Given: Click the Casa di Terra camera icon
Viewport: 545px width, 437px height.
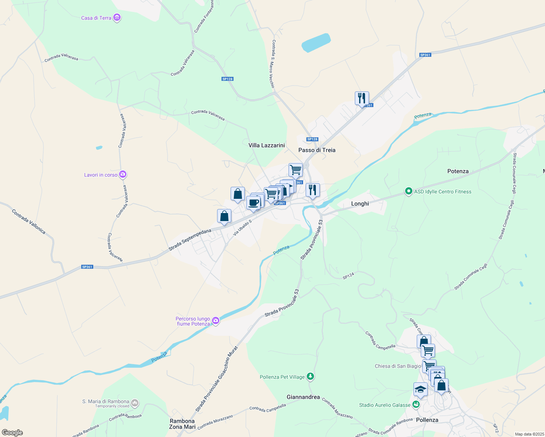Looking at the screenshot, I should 117,17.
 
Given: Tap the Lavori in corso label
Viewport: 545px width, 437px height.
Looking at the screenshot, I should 101,175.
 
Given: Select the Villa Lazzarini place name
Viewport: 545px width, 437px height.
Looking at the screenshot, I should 266,145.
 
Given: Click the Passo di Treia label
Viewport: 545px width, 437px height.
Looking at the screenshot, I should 317,150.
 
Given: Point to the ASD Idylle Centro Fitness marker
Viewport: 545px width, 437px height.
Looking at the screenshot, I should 408,191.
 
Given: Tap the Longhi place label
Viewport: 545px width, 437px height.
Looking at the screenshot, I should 360,204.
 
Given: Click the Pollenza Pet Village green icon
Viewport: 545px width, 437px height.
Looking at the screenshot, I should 310,376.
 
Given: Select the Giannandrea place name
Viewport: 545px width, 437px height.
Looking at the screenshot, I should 303,397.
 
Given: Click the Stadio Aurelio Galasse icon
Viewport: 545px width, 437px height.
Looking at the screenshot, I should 416,405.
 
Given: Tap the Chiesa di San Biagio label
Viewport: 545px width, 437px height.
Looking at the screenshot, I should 398,366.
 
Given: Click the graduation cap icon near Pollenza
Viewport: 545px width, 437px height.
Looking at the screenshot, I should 420,390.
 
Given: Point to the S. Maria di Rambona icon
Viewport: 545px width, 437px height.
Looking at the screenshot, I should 135,403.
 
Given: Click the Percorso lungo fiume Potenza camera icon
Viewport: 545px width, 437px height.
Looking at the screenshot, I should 216,320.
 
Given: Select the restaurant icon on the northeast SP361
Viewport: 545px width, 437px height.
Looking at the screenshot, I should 362,98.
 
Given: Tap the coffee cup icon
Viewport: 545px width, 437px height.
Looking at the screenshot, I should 253,203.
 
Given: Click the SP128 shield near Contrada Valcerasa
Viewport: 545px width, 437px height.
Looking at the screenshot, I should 227,79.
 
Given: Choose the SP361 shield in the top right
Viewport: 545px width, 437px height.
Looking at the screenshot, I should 425,55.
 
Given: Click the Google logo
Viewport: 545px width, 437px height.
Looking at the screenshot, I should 12,432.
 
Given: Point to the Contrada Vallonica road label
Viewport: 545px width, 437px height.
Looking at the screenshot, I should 29,221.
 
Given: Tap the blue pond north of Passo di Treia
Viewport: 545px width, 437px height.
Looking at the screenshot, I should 316,43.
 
